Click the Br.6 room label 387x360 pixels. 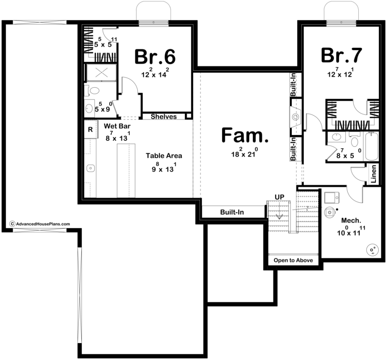pos(155,57)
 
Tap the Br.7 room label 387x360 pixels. pos(341,55)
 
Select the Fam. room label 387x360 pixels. pos(245,135)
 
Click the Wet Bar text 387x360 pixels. pos(117,126)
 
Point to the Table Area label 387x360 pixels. pos(164,155)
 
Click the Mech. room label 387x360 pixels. pos(351,220)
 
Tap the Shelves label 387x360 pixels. pos(164,116)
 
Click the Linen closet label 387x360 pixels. pos(374,174)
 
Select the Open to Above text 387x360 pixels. pos(293,260)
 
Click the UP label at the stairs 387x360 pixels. pos(279,197)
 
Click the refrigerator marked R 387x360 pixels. pos(90,129)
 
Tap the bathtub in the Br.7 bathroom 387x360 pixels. pos(372,146)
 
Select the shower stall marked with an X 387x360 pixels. pos(101,73)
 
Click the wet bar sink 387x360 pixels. pos(90,168)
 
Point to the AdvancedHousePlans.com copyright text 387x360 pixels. pos(40,224)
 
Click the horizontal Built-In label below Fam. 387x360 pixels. pos(232,212)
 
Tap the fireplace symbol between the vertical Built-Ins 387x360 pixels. pos(296,116)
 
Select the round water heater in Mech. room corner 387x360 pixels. pos(372,250)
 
